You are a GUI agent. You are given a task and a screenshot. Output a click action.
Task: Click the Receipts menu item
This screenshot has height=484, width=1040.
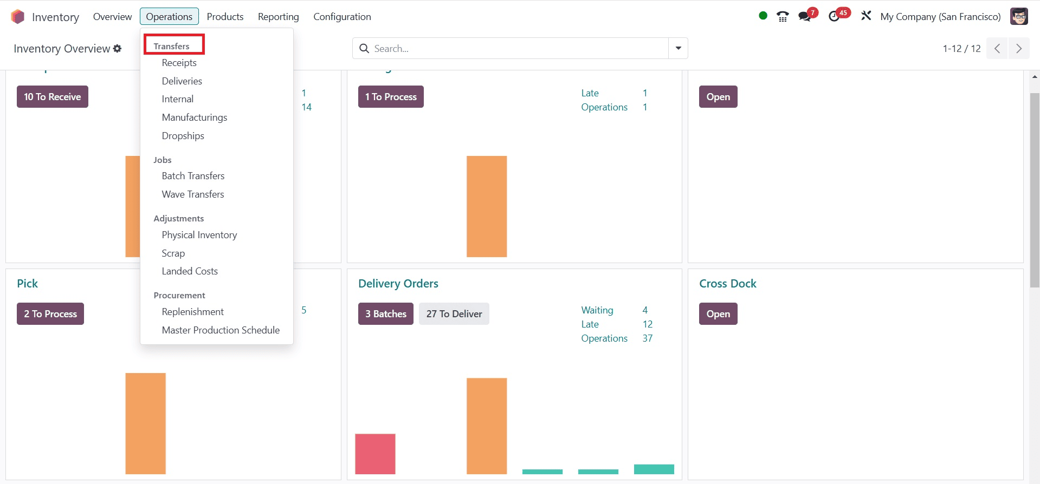click(x=179, y=63)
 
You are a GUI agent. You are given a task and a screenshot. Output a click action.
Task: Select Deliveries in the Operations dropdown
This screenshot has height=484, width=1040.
click(x=182, y=81)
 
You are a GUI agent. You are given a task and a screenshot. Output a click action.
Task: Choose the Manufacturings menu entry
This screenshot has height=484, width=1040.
click(x=194, y=117)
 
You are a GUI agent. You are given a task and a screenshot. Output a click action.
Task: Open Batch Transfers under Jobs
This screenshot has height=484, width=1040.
click(x=193, y=176)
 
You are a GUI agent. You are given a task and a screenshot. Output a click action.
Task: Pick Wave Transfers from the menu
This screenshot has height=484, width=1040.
click(x=192, y=194)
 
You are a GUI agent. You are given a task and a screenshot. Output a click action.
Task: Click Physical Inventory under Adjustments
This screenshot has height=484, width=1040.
click(x=199, y=235)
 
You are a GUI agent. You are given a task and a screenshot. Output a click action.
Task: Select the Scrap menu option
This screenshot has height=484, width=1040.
click(x=173, y=253)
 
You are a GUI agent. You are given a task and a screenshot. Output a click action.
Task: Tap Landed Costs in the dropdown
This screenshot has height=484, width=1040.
click(x=190, y=271)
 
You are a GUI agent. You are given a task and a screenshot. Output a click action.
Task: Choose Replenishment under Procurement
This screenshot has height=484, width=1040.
click(x=192, y=312)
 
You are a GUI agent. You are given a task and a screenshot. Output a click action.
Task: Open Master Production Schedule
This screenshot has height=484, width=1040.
click(x=221, y=330)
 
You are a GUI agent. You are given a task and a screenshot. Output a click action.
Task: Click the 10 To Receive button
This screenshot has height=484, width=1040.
click(x=52, y=97)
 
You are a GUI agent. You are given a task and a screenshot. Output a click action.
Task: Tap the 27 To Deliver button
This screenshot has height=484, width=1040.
click(x=454, y=314)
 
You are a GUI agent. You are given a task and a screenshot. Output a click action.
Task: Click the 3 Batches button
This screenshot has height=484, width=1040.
click(x=385, y=314)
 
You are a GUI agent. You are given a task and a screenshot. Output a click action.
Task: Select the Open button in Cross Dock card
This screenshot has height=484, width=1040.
click(x=718, y=314)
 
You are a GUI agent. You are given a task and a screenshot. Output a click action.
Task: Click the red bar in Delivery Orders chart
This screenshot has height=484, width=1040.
click(x=375, y=454)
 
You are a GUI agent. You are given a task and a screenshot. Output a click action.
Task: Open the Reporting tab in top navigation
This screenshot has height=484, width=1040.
click(x=278, y=17)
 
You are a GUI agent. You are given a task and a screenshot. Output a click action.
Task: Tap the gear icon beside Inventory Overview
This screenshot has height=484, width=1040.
click(x=117, y=49)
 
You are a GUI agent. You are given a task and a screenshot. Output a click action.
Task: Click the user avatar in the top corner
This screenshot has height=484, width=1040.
click(x=1019, y=16)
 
